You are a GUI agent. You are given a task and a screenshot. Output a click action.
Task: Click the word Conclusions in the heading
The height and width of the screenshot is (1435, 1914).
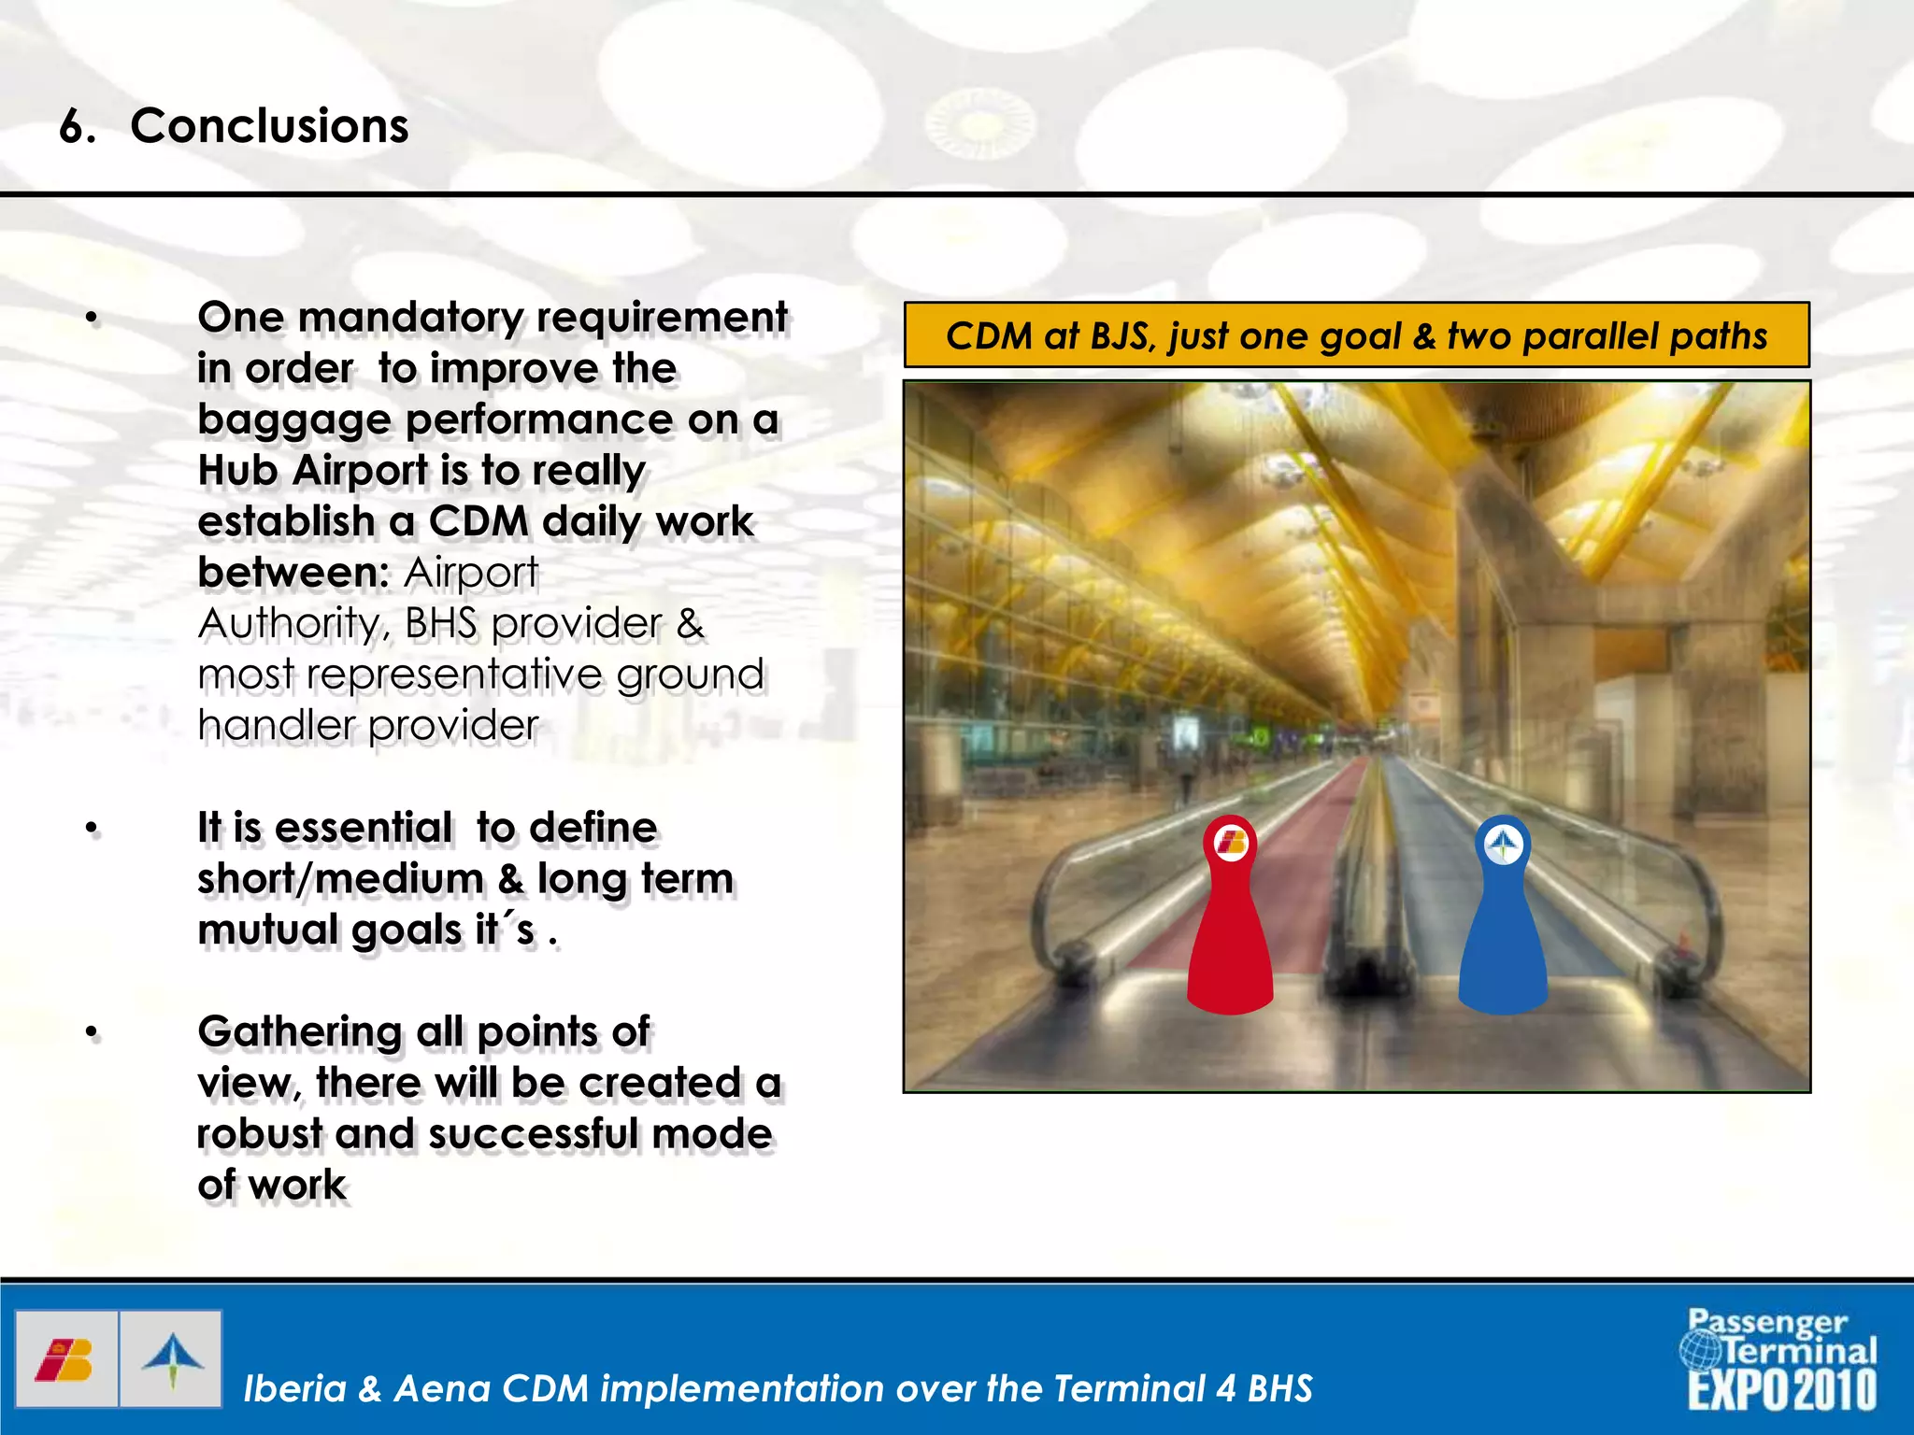(269, 126)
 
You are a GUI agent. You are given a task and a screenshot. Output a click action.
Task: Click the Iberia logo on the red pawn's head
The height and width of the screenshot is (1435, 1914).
(1231, 844)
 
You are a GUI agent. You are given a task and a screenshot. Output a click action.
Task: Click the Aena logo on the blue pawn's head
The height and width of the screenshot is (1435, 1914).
(1504, 845)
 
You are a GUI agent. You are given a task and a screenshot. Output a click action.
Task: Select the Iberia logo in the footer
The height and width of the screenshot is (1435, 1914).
(65, 1360)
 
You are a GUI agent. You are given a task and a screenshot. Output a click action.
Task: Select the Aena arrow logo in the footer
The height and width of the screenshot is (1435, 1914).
(172, 1360)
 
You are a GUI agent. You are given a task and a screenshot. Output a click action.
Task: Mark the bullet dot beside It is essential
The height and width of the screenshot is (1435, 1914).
(92, 829)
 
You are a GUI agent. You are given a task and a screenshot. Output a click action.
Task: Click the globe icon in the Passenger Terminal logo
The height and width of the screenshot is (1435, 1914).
(1700, 1348)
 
